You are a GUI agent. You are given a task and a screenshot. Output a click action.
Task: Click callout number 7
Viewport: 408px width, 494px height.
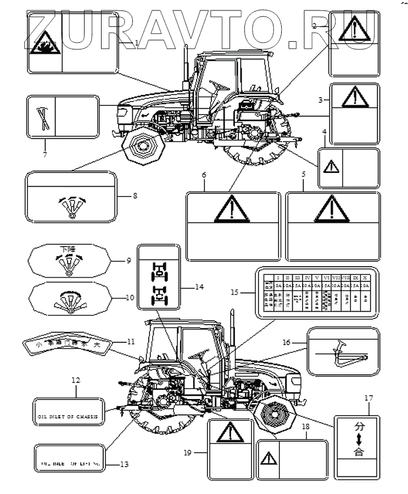45,154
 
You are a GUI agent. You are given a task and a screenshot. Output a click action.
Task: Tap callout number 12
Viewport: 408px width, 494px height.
76,380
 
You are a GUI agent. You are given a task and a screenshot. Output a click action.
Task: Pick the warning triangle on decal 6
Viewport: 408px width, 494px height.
227,209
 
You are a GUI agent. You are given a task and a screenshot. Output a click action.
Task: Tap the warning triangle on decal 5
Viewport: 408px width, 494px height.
331,209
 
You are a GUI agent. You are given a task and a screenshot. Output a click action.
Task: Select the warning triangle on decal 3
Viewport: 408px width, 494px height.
354,98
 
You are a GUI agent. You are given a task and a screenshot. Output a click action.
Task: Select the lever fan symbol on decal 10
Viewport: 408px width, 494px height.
70,300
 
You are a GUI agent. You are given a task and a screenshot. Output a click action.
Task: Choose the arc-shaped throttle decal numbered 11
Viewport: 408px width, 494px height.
68,345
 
